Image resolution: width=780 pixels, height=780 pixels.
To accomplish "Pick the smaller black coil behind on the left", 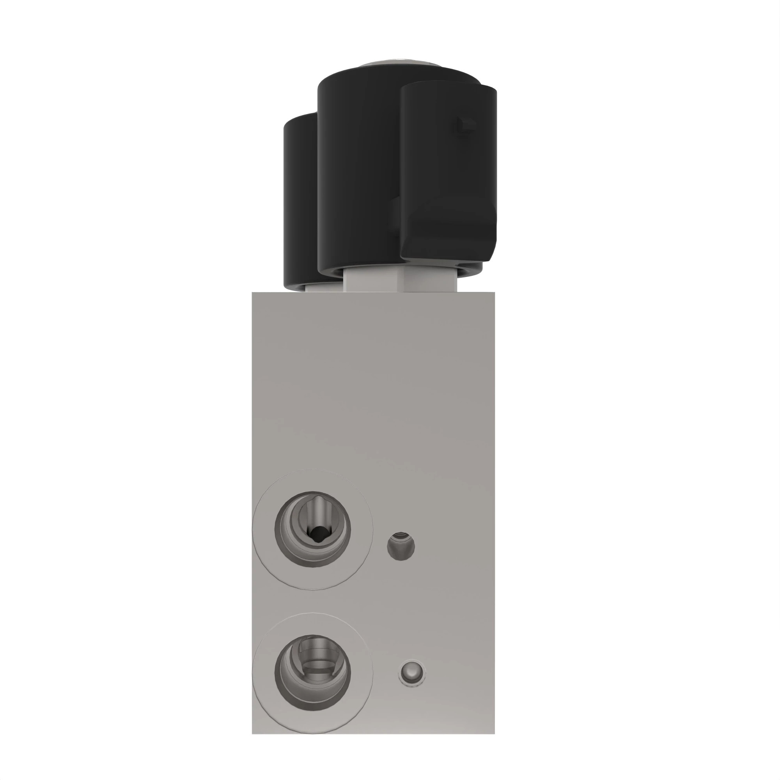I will (x=300, y=202).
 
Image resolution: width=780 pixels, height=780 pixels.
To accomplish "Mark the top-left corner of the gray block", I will (x=253, y=293).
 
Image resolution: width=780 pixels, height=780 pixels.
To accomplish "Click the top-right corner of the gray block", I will (x=494, y=293).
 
